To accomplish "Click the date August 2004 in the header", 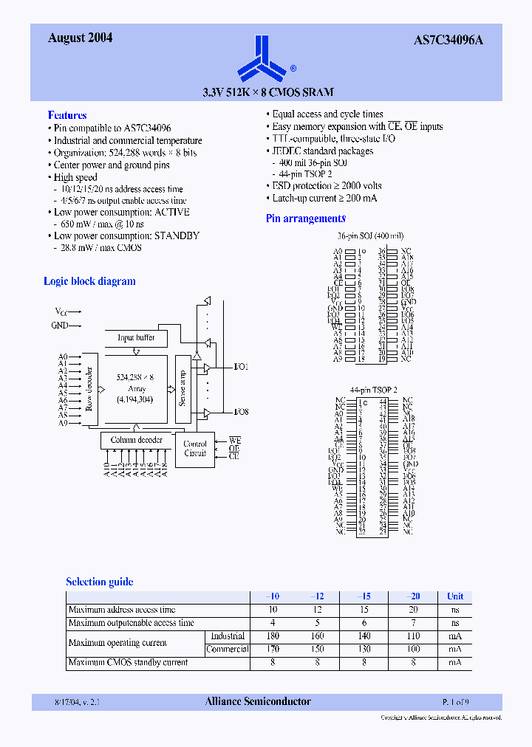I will (80, 38).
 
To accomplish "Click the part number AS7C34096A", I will (448, 40).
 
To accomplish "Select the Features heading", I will (67, 115).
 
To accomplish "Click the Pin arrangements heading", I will (305, 218).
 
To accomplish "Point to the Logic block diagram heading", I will (89, 281).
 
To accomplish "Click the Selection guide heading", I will (100, 582).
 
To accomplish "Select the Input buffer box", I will (136, 337).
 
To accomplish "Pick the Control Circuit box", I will (195, 449).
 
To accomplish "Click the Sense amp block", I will (183, 388).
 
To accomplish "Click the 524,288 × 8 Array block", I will (135, 388).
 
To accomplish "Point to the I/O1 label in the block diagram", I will (241, 367).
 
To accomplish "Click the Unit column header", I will (455, 596).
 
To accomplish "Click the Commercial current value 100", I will (413, 650).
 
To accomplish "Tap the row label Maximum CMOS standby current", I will (128, 663).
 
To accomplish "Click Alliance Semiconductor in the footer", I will (258, 701).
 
